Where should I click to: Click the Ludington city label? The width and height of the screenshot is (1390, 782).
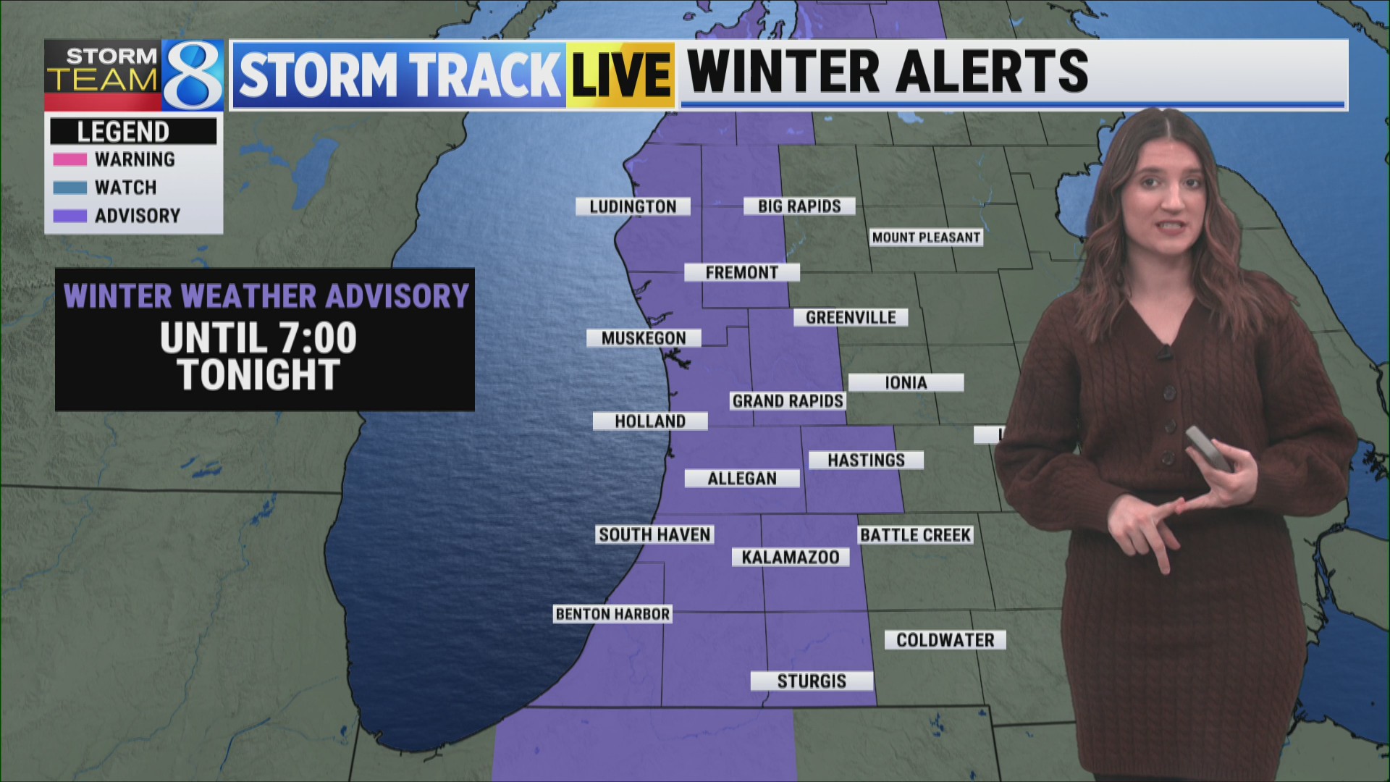(633, 206)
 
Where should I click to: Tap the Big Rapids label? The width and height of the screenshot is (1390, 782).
(799, 206)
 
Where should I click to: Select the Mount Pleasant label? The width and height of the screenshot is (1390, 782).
(926, 237)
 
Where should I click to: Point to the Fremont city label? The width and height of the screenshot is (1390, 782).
(742, 272)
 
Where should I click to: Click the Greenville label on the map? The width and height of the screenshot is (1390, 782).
(851, 317)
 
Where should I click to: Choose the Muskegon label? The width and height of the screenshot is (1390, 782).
(644, 338)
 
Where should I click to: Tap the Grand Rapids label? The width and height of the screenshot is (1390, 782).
(788, 401)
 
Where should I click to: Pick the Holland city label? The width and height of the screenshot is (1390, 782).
(650, 421)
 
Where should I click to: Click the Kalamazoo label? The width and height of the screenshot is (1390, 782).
(791, 557)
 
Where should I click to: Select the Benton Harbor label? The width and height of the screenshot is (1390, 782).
(612, 614)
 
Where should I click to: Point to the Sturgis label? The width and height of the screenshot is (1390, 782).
(812, 681)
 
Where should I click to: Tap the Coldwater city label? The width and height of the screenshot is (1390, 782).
(945, 640)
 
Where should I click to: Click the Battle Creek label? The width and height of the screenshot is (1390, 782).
(915, 535)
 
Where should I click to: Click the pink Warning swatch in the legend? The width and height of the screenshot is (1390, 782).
(70, 159)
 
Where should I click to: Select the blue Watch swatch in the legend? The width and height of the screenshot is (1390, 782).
(70, 188)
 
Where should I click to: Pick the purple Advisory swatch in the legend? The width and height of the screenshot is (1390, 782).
(70, 216)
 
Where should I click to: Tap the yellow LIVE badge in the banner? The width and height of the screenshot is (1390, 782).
(620, 75)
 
